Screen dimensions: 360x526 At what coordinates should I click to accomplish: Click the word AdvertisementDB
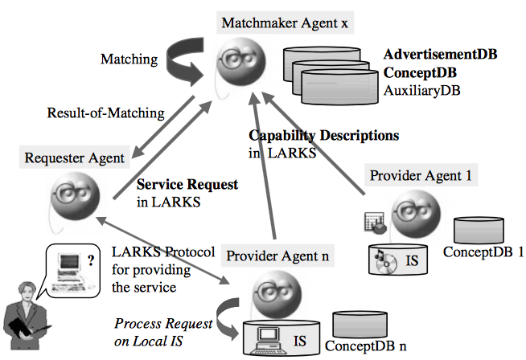coord(440,55)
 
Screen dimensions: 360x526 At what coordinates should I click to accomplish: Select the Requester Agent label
coord(75,158)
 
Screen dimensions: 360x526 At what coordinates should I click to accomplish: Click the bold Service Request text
coord(187,185)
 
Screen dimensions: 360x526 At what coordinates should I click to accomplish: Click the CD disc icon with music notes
coord(384,258)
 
